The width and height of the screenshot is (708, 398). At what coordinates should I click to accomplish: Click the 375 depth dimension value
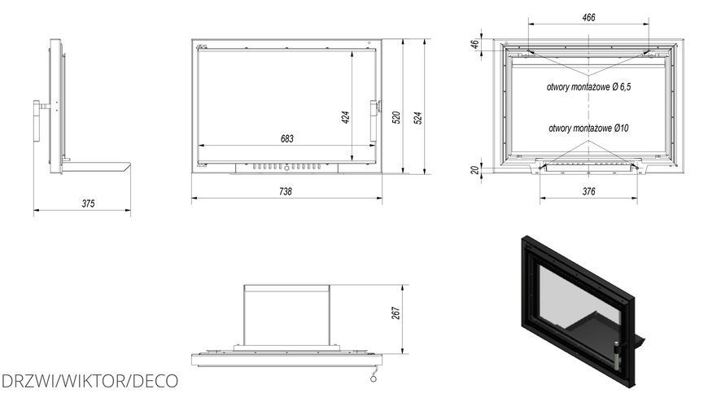click(88, 203)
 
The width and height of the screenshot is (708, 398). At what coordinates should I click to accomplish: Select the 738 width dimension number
click(286, 191)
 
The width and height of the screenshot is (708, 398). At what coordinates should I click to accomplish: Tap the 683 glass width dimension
click(287, 138)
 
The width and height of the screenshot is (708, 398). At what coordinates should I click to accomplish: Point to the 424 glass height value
click(346, 117)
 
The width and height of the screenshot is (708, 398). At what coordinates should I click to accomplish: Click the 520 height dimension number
click(396, 117)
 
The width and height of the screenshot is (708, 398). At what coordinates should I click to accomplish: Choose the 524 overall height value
click(418, 118)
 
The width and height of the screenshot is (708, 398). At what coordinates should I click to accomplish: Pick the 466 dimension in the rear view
click(589, 18)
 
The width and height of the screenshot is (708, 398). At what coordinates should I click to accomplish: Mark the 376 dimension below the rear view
click(589, 191)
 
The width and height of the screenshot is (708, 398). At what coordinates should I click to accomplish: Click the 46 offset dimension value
click(474, 44)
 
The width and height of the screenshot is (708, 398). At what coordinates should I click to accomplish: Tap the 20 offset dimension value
click(474, 170)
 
